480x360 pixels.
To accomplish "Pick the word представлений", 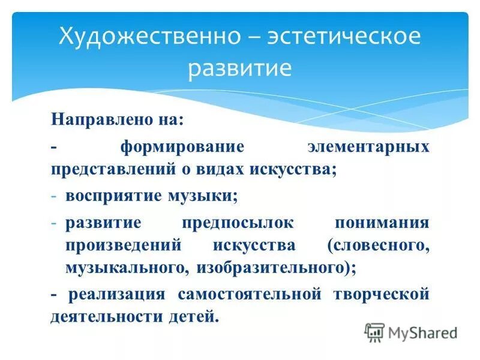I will point(114,170).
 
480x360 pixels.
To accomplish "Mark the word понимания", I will point(382,223).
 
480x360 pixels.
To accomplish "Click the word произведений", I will point(121,245).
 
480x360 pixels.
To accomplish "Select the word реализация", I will point(116,294).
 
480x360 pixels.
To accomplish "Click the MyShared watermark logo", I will point(410,332).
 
